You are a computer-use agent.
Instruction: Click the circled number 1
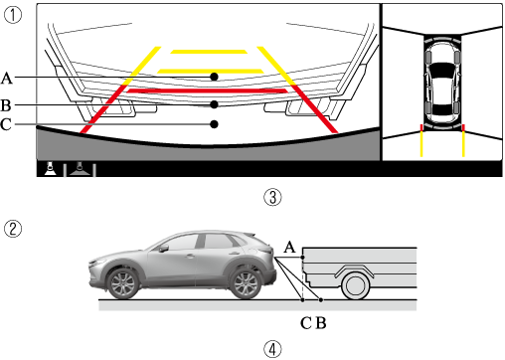point(13,15)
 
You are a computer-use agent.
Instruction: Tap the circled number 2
point(13,229)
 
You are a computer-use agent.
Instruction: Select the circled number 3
point(272,197)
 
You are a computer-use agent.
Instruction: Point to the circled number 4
point(272,349)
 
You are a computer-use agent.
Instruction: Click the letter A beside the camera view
point(7,79)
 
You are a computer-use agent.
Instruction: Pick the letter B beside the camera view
point(6,105)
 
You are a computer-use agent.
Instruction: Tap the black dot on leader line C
point(214,124)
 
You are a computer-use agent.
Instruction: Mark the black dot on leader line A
point(214,77)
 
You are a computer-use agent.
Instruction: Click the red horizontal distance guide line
point(208,90)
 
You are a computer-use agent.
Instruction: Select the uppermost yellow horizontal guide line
point(209,52)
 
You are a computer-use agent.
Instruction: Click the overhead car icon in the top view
point(442,85)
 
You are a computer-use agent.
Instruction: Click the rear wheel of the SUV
point(246,283)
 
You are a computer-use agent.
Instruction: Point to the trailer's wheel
point(355,285)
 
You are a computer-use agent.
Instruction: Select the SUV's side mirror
point(164,249)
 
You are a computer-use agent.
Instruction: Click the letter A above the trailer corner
point(289,247)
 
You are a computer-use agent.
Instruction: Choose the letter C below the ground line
point(306,323)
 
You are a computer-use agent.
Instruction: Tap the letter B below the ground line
point(321,323)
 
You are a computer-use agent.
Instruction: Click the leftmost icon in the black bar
point(50,169)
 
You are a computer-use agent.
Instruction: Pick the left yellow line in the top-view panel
point(421,144)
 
